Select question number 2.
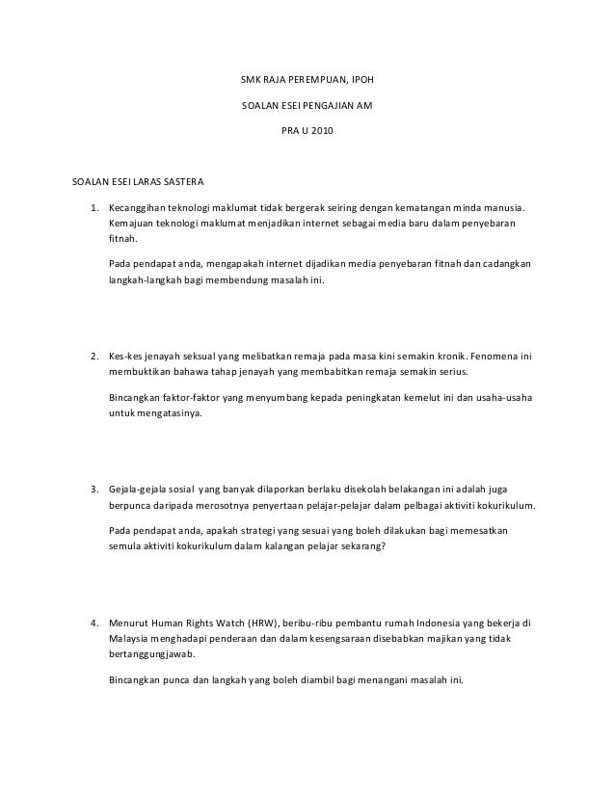point(94,355)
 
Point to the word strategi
point(254,531)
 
